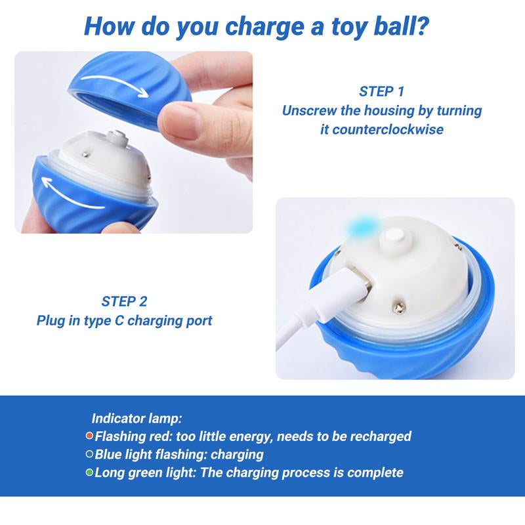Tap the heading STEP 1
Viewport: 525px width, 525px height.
pyautogui.click(x=382, y=91)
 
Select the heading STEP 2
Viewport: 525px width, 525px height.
pyautogui.click(x=124, y=301)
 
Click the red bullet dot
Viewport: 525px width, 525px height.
pyautogui.click(x=89, y=436)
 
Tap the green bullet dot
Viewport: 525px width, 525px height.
pyautogui.click(x=89, y=472)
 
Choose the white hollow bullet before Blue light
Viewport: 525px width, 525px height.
pyautogui.click(x=89, y=454)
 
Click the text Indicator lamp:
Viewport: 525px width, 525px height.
pyautogui.click(x=136, y=418)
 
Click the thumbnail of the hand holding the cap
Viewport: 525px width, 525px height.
pyautogui.click(x=134, y=142)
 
